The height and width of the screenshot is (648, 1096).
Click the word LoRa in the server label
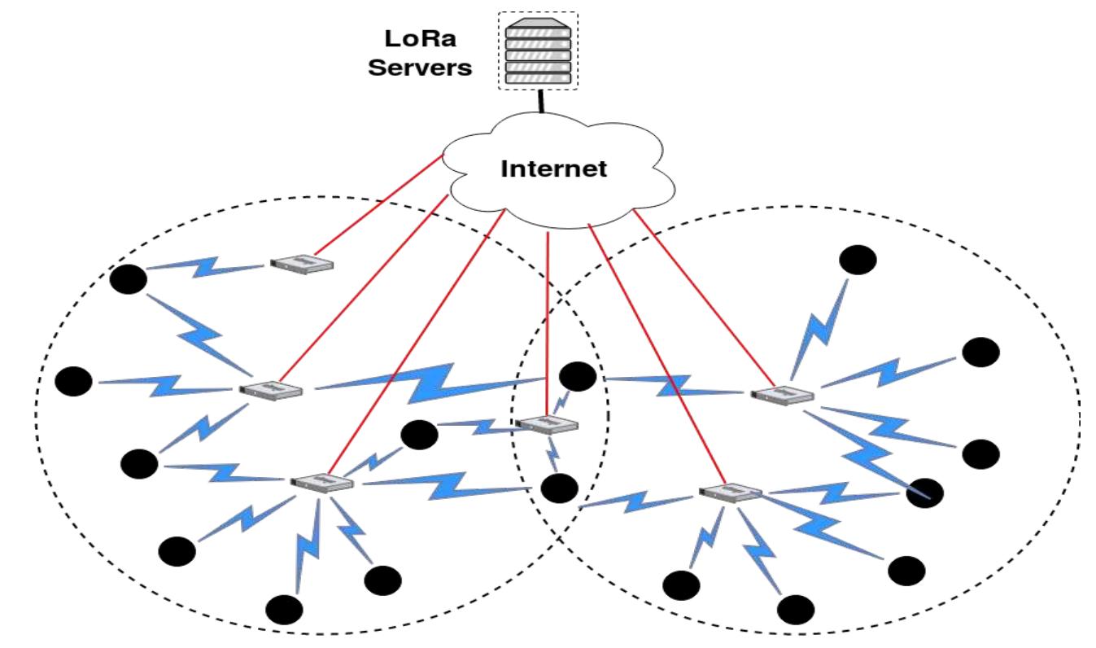[420, 38]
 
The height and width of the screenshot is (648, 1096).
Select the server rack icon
[537, 50]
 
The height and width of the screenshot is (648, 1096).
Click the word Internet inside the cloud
[553, 169]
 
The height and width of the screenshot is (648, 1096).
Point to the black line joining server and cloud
[539, 103]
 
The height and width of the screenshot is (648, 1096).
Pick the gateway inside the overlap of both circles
[547, 424]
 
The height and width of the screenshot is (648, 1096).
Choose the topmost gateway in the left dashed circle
[302, 262]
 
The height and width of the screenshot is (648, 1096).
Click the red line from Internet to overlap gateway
[548, 326]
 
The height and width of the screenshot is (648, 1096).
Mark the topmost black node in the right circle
[858, 260]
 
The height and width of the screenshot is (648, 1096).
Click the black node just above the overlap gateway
[579, 376]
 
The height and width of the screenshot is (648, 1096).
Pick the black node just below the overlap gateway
[559, 488]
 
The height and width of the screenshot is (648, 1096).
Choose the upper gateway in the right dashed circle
[782, 395]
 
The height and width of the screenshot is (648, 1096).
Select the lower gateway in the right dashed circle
[730, 493]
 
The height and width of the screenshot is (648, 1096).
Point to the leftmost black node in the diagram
[74, 381]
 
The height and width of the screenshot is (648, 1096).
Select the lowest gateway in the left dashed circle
[322, 482]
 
